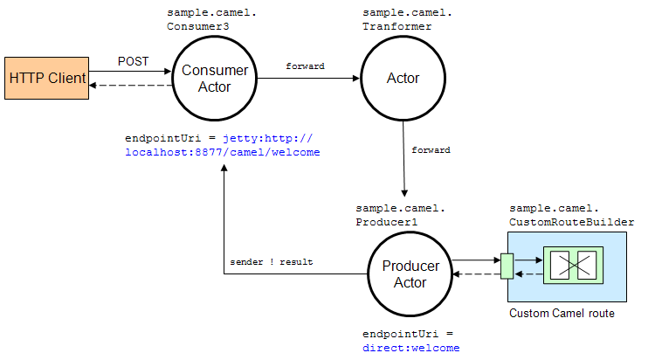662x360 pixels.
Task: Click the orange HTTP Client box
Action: (47, 79)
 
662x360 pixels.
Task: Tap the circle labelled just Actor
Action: (403, 79)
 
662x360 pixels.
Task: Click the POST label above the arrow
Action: (134, 62)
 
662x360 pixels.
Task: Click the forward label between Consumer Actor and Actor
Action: (305, 66)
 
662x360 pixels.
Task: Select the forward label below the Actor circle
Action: (431, 150)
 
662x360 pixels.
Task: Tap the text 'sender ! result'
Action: (271, 262)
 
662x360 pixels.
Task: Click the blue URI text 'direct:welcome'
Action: (410, 348)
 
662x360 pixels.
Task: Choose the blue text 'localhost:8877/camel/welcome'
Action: (223, 152)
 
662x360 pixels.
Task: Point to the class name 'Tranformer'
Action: (397, 27)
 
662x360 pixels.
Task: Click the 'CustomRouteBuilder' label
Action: (571, 222)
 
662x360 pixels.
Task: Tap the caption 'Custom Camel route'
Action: (561, 313)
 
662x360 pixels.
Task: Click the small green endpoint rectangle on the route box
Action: (507, 266)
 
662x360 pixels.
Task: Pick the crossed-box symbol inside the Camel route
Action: (570, 265)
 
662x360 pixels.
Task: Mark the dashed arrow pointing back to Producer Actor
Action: (476, 273)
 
